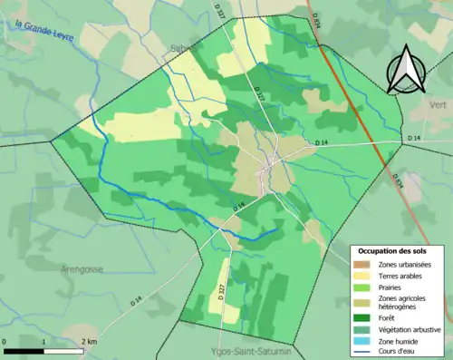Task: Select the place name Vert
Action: point(437,105)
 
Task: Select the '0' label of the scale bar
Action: point(5,340)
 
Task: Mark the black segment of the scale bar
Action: point(24,350)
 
